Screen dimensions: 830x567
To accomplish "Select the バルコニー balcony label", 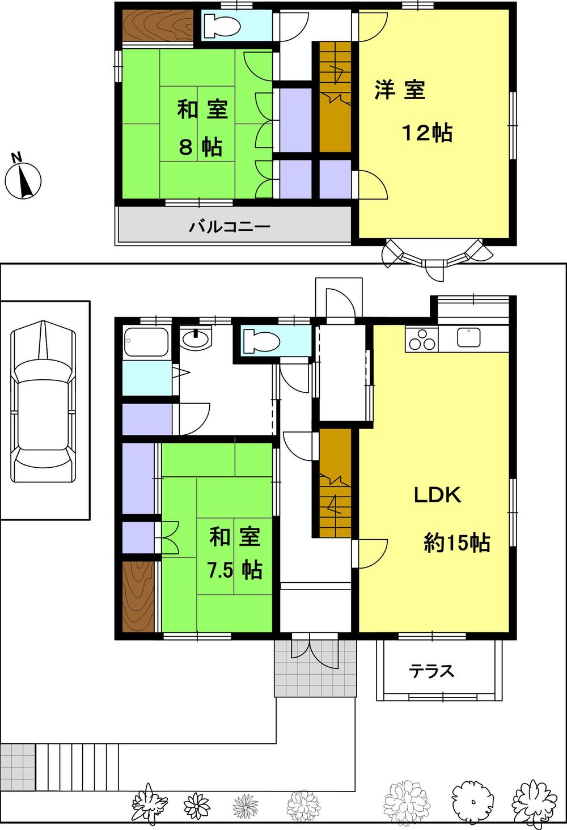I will click(x=230, y=227).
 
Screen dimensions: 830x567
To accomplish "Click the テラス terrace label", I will click(x=432, y=671).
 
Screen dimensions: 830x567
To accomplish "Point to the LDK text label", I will click(x=437, y=495).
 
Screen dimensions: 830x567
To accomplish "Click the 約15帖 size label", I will click(x=457, y=543).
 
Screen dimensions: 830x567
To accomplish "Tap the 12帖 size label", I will click(x=427, y=133).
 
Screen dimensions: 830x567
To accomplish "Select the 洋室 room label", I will click(x=400, y=90).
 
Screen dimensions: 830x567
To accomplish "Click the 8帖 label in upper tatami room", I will click(x=200, y=147).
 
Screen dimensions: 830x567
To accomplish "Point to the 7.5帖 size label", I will click(x=235, y=570).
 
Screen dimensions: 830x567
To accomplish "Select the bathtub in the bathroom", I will click(x=146, y=342).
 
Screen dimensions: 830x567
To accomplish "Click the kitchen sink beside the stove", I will click(x=469, y=337).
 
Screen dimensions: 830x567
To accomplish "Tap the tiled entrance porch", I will click(x=316, y=669).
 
